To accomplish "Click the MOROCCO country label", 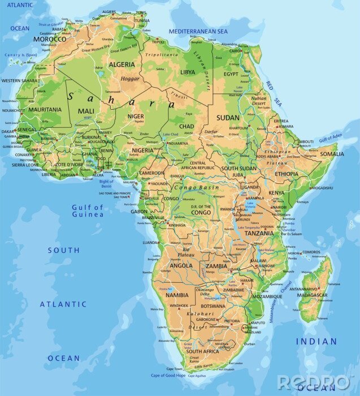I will pyautogui.click(x=50, y=39).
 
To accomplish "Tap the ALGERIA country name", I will pyautogui.click(x=122, y=64).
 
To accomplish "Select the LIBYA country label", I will pyautogui.click(x=188, y=72).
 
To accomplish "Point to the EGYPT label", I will pyautogui.click(x=231, y=74).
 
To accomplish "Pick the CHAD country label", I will pyautogui.click(x=186, y=126).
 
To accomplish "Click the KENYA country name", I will pyautogui.click(x=276, y=193).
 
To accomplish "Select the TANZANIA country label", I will pyautogui.click(x=259, y=233).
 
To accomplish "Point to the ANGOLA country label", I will pyautogui.click(x=181, y=265).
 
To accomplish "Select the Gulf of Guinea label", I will pyautogui.click(x=88, y=211).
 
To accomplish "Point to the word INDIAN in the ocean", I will pyautogui.click(x=316, y=341).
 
